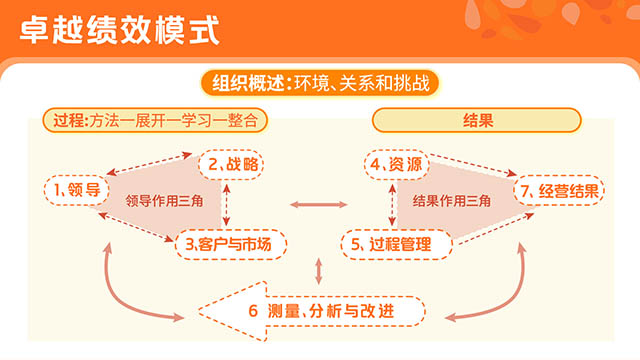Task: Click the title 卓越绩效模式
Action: pyautogui.click(x=120, y=31)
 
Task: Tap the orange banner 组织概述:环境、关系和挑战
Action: pyautogui.click(x=320, y=83)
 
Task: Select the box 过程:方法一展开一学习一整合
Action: pyautogui.click(x=155, y=120)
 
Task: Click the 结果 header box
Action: pyautogui.click(x=477, y=120)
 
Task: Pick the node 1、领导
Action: pyautogui.click(x=76, y=190)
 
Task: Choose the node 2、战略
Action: pyautogui.click(x=231, y=164)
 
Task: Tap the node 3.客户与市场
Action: pyautogui.click(x=231, y=244)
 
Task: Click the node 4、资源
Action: pyautogui.click(x=396, y=164)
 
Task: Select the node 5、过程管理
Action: pyautogui.click(x=396, y=244)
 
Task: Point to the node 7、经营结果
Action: pyautogui.click(x=559, y=191)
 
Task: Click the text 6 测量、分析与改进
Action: pyautogui.click(x=321, y=311)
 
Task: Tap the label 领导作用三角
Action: pyautogui.click(x=164, y=201)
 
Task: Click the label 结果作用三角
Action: pyautogui.click(x=451, y=201)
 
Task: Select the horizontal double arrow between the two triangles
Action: pyautogui.click(x=319, y=204)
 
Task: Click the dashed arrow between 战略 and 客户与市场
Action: pyautogui.click(x=226, y=205)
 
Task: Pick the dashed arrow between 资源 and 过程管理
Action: pyautogui.click(x=392, y=205)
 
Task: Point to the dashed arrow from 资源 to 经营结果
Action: pyautogui.click(x=473, y=165)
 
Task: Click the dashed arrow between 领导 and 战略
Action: pyautogui.click(x=149, y=164)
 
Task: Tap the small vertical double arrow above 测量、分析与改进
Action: pyautogui.click(x=319, y=271)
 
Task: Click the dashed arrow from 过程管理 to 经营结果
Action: pyautogui.click(x=497, y=229)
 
